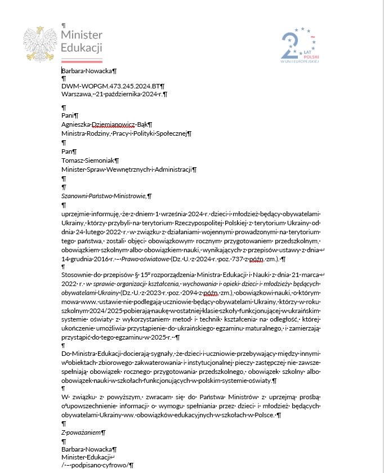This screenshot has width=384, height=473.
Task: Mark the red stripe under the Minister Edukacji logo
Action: click(82, 60)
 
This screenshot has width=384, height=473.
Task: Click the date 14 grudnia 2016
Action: click(87, 259)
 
